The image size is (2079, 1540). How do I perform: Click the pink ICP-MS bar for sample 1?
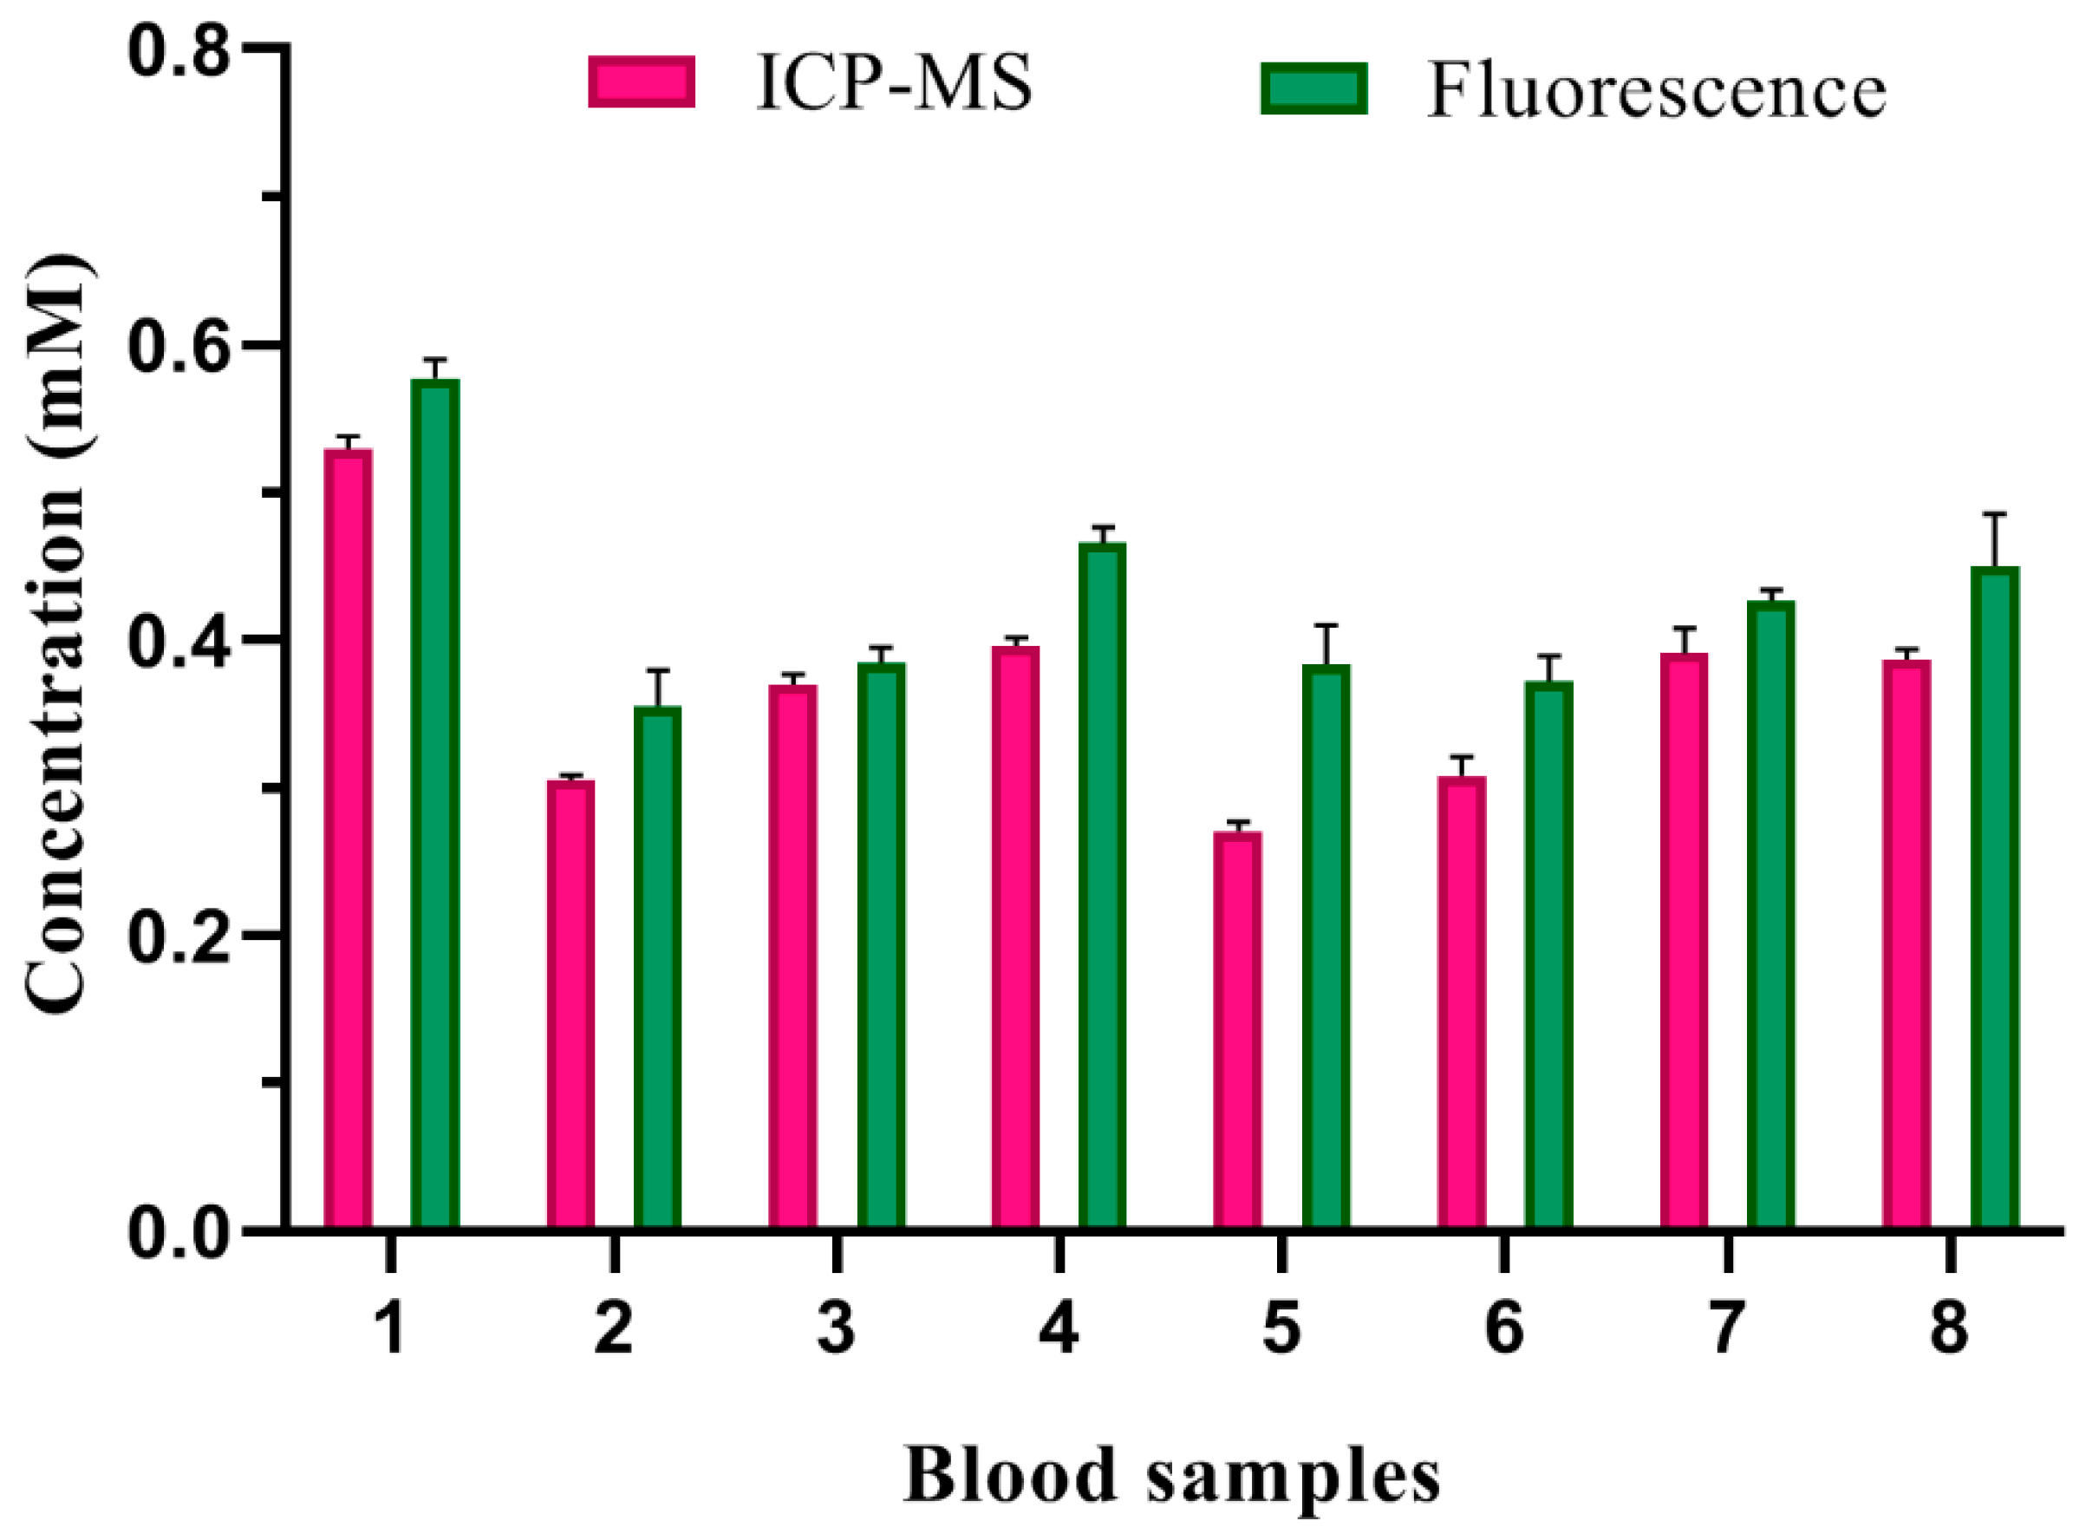pyautogui.click(x=348, y=839)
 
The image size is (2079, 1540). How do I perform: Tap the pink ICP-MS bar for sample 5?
pyautogui.click(x=1236, y=1030)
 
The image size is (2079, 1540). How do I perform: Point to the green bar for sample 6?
pyautogui.click(x=1548, y=956)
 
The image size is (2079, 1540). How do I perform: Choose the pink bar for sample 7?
pyautogui.click(x=1684, y=942)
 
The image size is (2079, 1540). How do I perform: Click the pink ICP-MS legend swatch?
pyautogui.click(x=641, y=82)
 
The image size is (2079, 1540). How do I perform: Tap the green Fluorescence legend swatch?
pyautogui.click(x=1314, y=88)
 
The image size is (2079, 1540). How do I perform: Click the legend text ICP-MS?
pyautogui.click(x=894, y=84)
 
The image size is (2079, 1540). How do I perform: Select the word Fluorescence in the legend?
pyautogui.click(x=1656, y=91)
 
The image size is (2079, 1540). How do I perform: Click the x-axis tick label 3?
pyautogui.click(x=836, y=1328)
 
